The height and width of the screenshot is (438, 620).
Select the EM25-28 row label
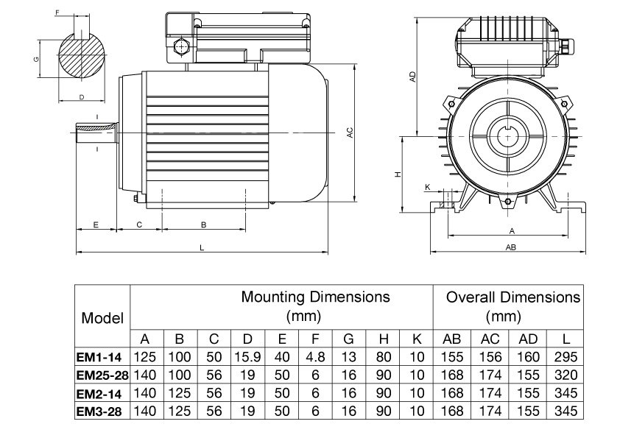[103, 375]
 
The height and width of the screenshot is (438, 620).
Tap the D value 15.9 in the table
[247, 357]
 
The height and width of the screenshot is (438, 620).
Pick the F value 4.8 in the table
[314, 357]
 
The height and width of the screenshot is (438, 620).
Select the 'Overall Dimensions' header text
[512, 297]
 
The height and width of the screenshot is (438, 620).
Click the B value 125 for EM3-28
[180, 410]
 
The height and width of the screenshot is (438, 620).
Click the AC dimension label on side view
[350, 133]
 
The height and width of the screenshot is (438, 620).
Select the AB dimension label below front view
[510, 248]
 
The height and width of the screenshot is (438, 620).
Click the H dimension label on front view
[397, 174]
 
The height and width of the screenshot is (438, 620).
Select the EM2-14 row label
[103, 392]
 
